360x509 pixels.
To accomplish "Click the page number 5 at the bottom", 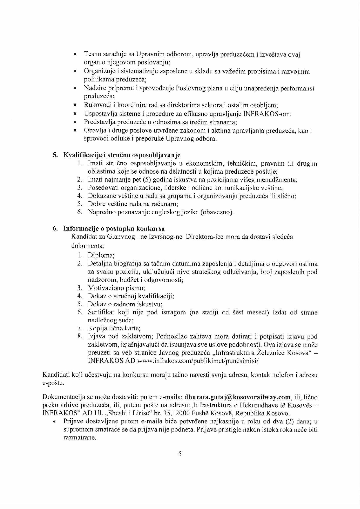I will (x=180, y=454).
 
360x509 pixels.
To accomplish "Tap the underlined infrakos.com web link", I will (x=198, y=361).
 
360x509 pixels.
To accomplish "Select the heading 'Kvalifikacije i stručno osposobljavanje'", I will (x=122, y=155).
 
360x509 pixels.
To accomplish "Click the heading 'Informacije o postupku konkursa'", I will (x=114, y=229).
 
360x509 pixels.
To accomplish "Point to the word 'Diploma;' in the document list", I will (x=101, y=256).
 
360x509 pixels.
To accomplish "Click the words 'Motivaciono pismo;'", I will (x=117, y=288).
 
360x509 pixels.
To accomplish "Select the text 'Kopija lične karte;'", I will (x=114, y=328).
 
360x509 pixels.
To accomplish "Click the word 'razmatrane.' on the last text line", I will (x=80, y=438).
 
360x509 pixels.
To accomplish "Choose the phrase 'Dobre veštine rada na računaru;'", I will (x=133, y=204).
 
